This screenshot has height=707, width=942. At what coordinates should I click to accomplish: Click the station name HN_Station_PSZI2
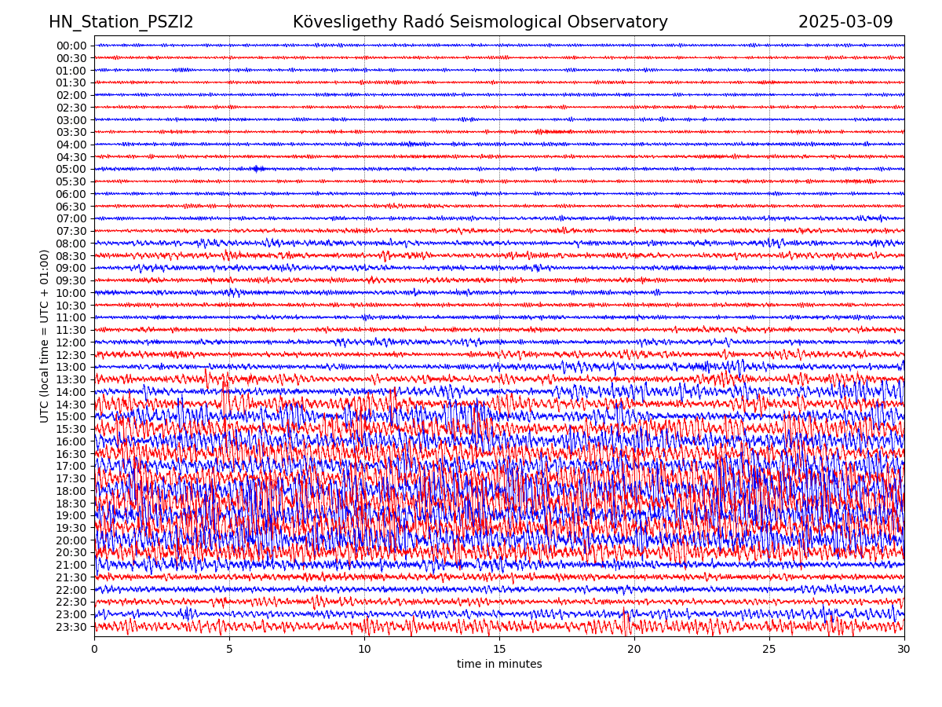tap(121, 22)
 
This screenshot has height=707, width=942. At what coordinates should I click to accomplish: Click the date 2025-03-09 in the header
tap(845, 22)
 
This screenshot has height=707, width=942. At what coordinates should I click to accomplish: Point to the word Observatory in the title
tap(627, 22)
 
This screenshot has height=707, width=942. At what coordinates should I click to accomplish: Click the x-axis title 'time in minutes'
tap(499, 665)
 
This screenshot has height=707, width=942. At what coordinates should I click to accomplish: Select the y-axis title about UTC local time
tap(46, 335)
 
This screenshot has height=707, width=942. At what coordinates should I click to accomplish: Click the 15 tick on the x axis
tap(499, 650)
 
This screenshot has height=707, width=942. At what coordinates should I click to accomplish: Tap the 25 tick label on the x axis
tap(769, 650)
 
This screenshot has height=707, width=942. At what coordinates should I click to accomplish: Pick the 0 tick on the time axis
tap(94, 650)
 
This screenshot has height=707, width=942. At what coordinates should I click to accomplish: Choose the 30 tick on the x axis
tap(904, 650)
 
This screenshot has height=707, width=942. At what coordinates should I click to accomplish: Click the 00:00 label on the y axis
tap(71, 46)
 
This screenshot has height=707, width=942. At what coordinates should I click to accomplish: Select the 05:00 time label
tap(71, 169)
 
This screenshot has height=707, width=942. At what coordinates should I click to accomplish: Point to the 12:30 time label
tap(71, 355)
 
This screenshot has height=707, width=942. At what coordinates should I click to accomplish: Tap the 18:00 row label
tap(71, 491)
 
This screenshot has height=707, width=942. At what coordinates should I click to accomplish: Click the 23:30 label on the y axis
tap(71, 627)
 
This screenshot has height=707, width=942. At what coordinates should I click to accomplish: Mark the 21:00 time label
tap(71, 566)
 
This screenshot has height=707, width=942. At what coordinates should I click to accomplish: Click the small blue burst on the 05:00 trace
tap(257, 169)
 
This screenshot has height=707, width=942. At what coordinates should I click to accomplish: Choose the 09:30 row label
tap(71, 280)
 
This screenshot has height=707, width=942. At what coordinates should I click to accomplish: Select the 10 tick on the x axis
tap(364, 650)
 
